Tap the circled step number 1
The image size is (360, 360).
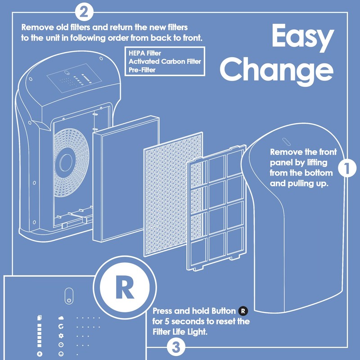point(347,169)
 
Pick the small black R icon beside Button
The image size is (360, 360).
point(243,310)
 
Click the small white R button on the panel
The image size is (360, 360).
point(40,354)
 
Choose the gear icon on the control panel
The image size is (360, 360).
point(61,336)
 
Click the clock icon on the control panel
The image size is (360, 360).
point(61,345)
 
